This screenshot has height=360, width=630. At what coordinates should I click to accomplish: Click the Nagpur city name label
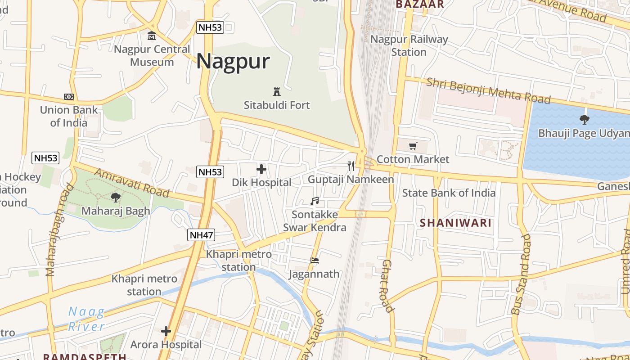pyautogui.click(x=233, y=61)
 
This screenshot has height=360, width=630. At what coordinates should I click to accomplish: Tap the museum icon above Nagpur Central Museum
pyautogui.click(x=152, y=36)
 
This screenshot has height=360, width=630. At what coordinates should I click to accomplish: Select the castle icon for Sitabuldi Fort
pyautogui.click(x=277, y=92)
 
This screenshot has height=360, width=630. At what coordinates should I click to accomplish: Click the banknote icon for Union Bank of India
pyautogui.click(x=68, y=97)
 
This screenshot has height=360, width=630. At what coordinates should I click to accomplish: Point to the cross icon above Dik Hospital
pyautogui.click(x=261, y=169)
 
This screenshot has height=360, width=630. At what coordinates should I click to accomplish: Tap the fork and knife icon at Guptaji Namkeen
pyautogui.click(x=351, y=166)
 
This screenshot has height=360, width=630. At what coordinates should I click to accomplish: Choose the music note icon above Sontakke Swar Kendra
pyautogui.click(x=315, y=201)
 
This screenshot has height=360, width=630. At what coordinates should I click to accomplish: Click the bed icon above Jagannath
pyautogui.click(x=315, y=261)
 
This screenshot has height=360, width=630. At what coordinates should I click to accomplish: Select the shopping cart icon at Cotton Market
pyautogui.click(x=413, y=146)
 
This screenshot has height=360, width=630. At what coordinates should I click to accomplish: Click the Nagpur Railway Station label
pyautogui.click(x=409, y=45)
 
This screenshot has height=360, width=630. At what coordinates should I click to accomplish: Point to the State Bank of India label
pyautogui.click(x=449, y=193)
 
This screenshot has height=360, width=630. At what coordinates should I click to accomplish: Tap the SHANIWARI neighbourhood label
pyautogui.click(x=455, y=223)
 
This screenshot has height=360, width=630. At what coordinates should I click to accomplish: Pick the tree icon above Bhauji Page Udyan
pyautogui.click(x=585, y=120)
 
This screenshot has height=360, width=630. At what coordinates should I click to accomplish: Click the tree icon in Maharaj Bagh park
pyautogui.click(x=116, y=197)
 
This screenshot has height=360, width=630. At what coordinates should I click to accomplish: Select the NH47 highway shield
pyautogui.click(x=201, y=235)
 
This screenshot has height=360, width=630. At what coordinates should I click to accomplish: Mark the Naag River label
pyautogui.click(x=86, y=319)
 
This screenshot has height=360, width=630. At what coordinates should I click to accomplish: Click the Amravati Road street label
pyautogui.click(x=132, y=183)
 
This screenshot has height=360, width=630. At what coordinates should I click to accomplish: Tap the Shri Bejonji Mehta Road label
pyautogui.click(x=488, y=90)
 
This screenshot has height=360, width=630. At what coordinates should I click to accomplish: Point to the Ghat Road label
pyautogui.click(x=388, y=286)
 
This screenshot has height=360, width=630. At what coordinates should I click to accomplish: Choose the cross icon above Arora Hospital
pyautogui.click(x=166, y=332)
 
